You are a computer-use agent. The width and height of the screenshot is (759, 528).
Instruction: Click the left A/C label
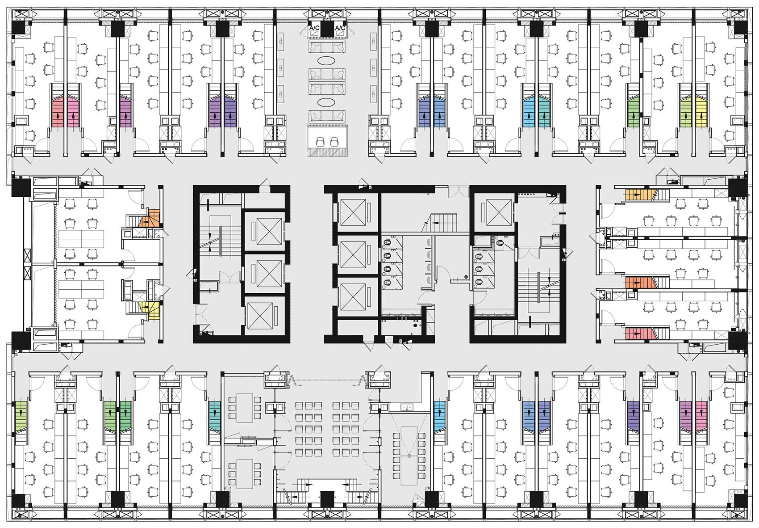pos(313,27)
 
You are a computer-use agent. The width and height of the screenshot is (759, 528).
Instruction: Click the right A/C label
pos(340,27)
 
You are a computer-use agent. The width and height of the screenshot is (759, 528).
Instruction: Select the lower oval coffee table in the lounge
pos(327,102)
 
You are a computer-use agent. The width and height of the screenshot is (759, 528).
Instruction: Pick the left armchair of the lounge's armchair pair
pos(320,142)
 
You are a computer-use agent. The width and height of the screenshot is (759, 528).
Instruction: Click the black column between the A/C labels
pos(327,30)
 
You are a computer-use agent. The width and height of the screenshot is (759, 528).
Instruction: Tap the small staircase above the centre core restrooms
pos(443,223)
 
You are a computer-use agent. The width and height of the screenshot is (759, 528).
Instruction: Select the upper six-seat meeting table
pos(245,407)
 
